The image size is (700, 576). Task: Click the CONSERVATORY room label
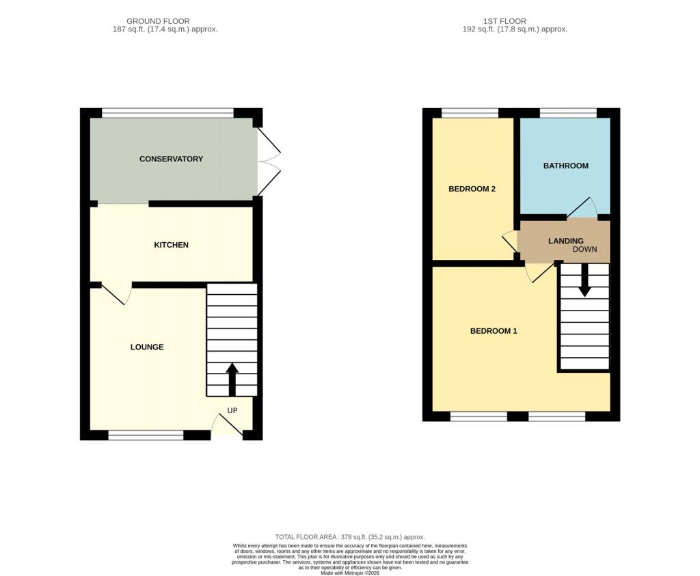171,159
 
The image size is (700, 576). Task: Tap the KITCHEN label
171,245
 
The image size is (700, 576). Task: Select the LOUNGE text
147,348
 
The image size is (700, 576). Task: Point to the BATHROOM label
565,166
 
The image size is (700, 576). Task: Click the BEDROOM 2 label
472,189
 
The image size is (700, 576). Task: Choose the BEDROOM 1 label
494,331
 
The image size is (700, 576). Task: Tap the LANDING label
565,241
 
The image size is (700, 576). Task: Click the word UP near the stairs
232,410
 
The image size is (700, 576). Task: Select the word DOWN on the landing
585,249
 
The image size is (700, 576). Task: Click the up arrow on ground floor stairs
232,380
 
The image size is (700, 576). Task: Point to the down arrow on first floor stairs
585,280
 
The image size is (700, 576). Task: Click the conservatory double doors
269,161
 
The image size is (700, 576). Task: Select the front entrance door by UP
227,425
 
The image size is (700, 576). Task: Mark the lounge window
146,435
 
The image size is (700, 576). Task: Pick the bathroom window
568,113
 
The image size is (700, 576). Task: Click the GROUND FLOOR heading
158,21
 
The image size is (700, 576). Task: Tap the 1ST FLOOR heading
504,21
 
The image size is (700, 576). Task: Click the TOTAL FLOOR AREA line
350,537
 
